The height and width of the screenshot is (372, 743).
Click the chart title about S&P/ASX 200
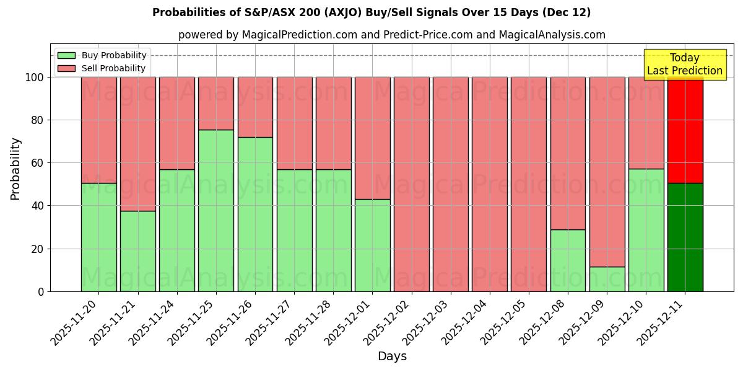[371, 12]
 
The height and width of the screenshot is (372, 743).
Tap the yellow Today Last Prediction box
[684, 64]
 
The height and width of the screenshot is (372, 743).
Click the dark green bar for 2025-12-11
[685, 237]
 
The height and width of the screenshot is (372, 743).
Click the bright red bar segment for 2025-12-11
[685, 130]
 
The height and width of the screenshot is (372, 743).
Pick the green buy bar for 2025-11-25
[216, 211]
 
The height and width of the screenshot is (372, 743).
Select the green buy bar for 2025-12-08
[568, 260]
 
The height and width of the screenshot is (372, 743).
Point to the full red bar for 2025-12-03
[451, 184]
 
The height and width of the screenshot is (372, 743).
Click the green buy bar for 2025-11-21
[137, 251]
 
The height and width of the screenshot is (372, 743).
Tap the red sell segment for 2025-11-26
[255, 107]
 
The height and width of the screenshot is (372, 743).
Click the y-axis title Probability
[15, 169]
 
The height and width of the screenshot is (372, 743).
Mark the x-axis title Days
[392, 356]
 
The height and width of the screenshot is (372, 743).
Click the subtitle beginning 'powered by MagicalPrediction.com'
[391, 35]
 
